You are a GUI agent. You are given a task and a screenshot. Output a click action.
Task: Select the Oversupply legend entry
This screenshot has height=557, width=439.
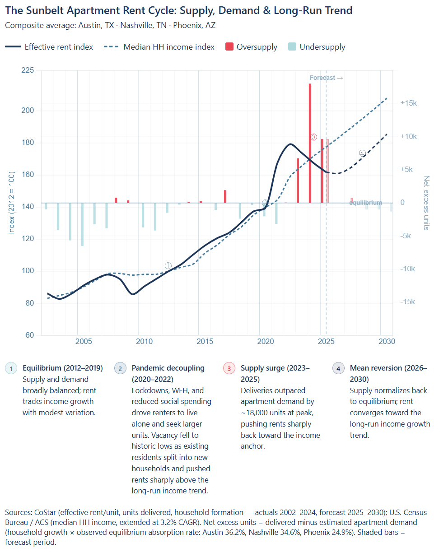tap(252, 47)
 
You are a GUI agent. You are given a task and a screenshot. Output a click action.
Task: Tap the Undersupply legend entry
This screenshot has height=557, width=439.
tap(317, 47)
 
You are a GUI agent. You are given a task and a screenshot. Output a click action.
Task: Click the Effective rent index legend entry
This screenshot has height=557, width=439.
tap(49, 47)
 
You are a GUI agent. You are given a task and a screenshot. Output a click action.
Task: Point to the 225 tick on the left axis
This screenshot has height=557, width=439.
tap(28, 70)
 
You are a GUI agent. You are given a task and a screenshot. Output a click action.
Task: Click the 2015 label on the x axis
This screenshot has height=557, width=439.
tap(205, 341)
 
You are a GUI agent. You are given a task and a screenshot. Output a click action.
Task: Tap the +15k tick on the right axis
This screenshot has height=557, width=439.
tap(408, 103)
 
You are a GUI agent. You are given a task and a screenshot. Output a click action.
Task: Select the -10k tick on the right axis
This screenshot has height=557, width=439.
tap(407, 269)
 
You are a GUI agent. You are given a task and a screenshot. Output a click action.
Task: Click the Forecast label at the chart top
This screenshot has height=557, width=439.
tap(322, 78)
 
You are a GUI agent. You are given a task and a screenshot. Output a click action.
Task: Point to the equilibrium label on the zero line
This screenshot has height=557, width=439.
tap(366, 203)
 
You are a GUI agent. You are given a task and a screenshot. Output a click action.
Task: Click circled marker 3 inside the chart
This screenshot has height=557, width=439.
tap(314, 137)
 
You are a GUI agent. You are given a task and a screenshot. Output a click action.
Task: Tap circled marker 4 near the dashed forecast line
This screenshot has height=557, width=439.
tap(362, 153)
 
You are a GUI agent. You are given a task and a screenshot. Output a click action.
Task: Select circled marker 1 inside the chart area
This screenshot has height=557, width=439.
tap(168, 266)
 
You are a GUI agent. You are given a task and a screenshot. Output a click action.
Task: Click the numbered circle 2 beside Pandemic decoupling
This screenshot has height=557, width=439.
tap(120, 368)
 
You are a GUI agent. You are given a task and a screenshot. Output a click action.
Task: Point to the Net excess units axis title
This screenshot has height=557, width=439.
tap(426, 203)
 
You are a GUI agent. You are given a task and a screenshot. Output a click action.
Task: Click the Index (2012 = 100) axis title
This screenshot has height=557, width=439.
tap(12, 203)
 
